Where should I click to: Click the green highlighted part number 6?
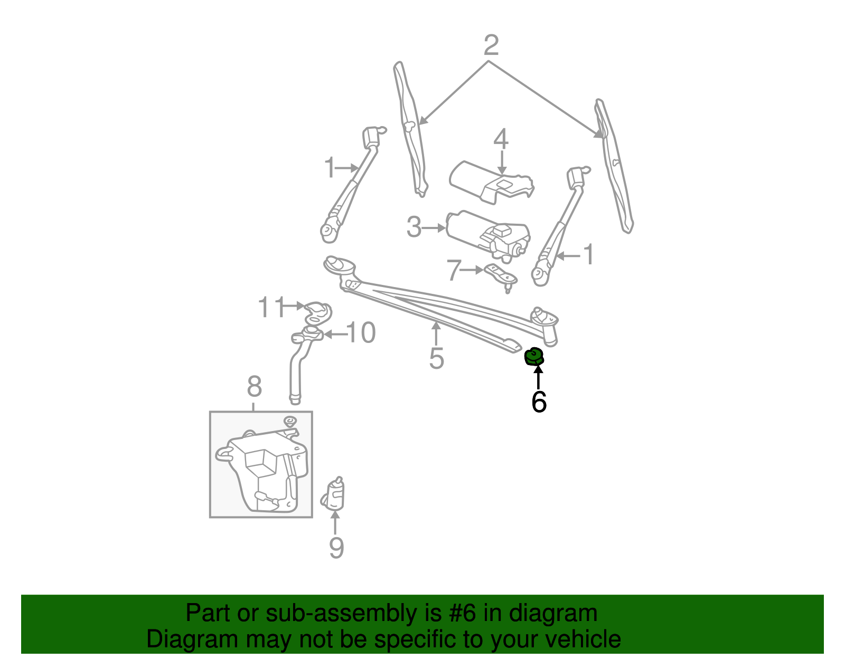click(x=534, y=357)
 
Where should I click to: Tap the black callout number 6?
click(x=539, y=402)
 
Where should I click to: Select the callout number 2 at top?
click(x=491, y=45)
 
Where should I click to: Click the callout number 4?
click(x=501, y=139)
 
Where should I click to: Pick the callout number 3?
click(x=414, y=228)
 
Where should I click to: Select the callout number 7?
click(x=454, y=270)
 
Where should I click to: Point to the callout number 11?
click(x=271, y=307)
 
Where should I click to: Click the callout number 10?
click(x=361, y=333)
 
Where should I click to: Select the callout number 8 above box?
click(x=254, y=387)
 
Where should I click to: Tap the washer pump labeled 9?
click(x=334, y=494)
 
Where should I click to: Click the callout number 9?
click(x=336, y=548)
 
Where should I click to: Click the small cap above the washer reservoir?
click(x=289, y=421)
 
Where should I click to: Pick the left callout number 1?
click(x=330, y=168)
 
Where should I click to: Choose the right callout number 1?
click(x=588, y=255)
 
